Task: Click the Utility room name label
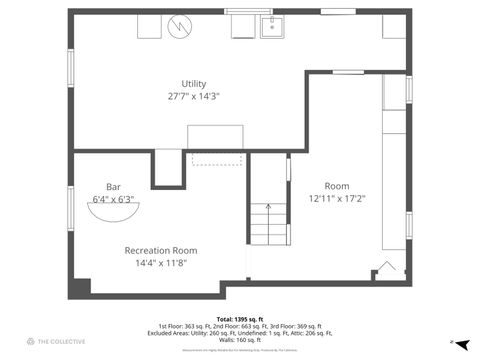[193, 83]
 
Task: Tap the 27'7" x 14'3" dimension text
[193, 96]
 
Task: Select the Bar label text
[113, 186]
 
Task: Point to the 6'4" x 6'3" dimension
[113, 198]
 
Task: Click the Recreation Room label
[160, 250]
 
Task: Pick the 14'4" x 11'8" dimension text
[160, 262]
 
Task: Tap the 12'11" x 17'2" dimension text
[336, 198]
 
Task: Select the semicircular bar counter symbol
[127, 210]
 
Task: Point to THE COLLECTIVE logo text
[62, 342]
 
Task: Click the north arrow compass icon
[453, 342]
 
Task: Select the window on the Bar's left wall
[70, 206]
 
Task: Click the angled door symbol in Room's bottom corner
[385, 270]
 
